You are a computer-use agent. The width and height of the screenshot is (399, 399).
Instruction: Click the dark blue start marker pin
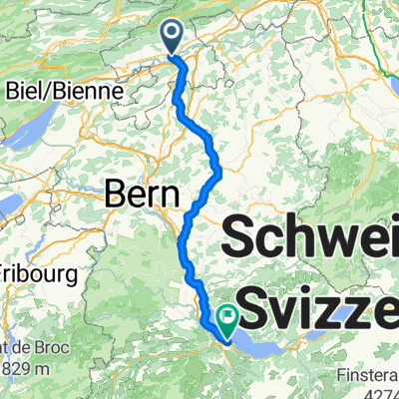point(172,35)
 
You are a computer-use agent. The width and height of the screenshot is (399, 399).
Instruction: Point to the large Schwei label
point(315,238)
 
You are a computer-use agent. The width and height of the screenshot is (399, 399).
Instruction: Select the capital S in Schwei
point(245,238)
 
